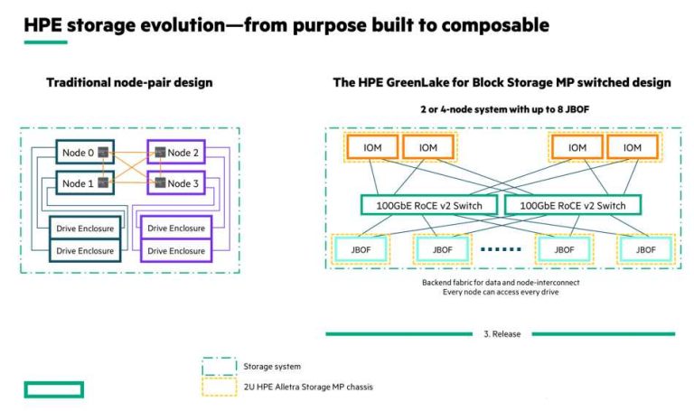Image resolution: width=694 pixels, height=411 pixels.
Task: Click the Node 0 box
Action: click(x=78, y=153)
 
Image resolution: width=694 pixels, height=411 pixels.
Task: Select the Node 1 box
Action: click(x=78, y=183)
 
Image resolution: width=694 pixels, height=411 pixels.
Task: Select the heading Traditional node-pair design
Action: click(x=129, y=83)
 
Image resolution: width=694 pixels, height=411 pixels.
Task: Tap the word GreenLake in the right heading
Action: click(x=422, y=83)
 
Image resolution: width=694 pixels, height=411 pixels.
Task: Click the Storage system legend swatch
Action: click(x=218, y=366)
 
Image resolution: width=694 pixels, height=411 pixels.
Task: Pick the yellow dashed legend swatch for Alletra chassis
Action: click(x=218, y=387)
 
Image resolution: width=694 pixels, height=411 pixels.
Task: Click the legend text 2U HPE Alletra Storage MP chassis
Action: click(x=308, y=387)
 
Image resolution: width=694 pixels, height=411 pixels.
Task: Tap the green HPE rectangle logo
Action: click(x=53, y=389)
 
